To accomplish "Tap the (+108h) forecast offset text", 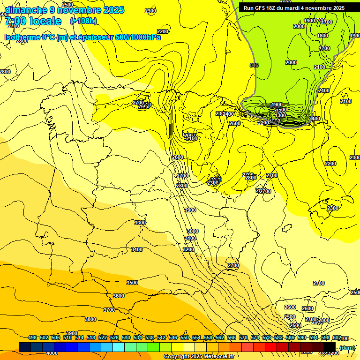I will (83, 21).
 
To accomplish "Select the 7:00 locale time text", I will (33, 21).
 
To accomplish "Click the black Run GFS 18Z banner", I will (294, 7).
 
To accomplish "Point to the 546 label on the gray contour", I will (254, 65).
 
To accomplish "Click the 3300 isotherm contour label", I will (140, 223).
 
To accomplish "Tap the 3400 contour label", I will (137, 249).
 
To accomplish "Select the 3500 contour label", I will (132, 283).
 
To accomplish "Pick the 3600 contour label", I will (119, 296).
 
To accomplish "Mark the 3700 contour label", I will (109, 310).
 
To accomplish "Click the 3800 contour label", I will (90, 319).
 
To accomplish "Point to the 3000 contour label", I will (192, 231).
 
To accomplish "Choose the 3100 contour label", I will (190, 238).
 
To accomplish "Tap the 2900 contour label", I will (190, 210).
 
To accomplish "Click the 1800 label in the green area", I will (322, 36).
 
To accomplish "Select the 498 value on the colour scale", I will (32, 337).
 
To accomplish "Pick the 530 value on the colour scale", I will (126, 337).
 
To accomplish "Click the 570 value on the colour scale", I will (243, 337).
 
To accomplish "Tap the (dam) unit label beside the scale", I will (347, 347).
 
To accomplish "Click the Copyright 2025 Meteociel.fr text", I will (199, 357).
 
